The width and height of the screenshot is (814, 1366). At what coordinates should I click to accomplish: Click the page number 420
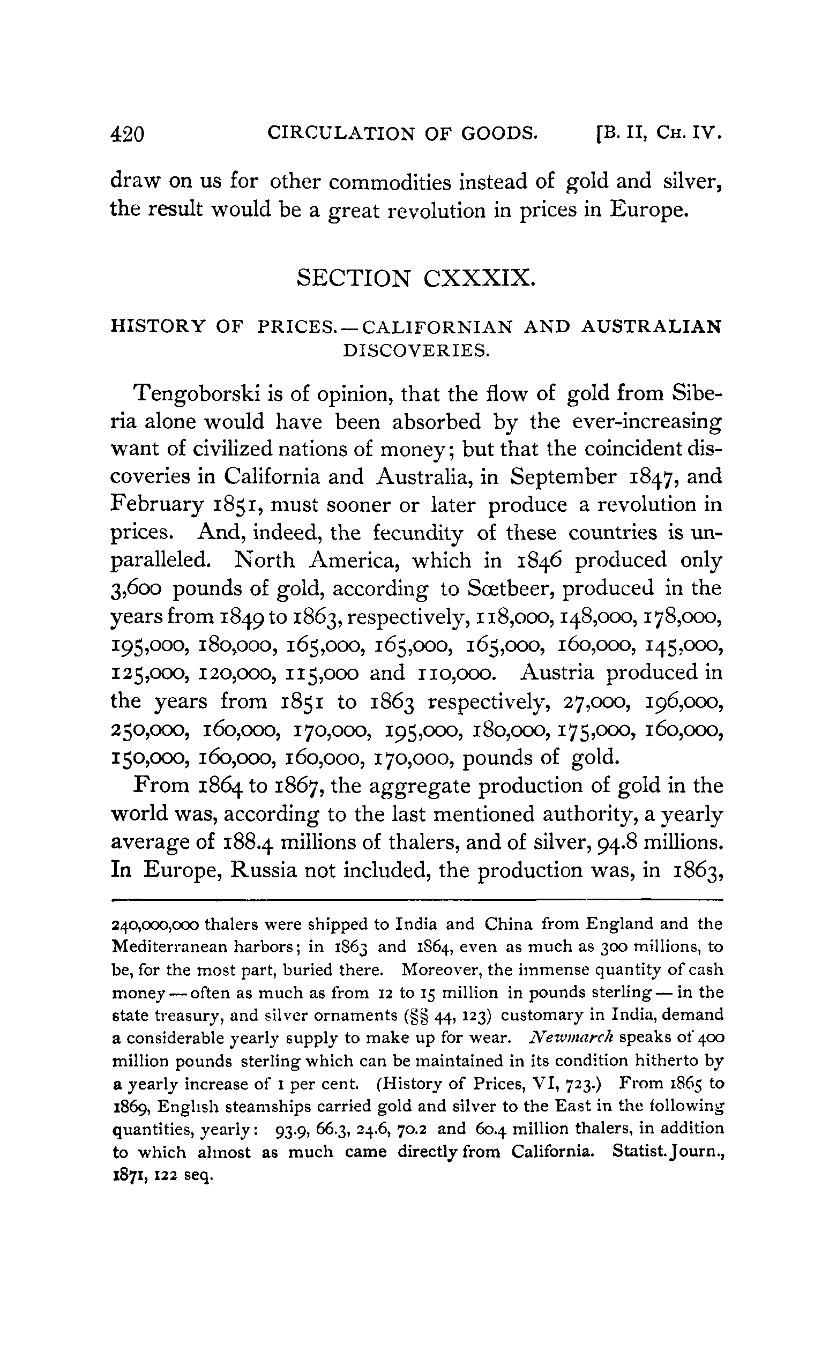127,134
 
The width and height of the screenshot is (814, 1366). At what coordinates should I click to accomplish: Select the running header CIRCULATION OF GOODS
401,133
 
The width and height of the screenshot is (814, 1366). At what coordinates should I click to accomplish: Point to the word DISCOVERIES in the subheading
416,350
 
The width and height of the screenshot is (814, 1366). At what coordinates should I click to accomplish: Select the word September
563,477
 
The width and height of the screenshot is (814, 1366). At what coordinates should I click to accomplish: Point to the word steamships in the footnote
259,1107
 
